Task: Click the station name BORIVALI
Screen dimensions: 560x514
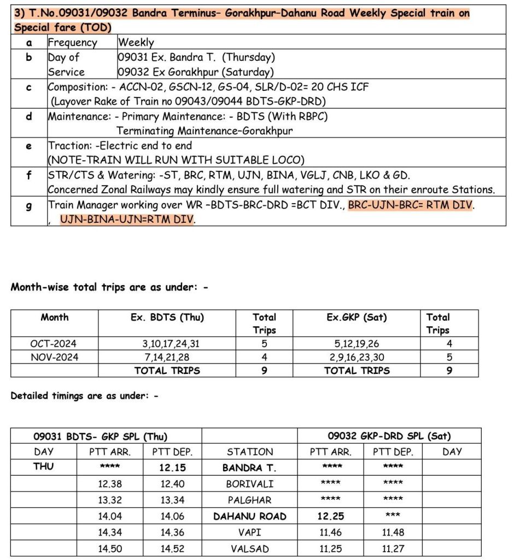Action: point(249,484)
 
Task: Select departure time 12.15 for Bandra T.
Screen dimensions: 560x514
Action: point(173,468)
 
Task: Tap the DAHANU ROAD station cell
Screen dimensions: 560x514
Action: point(249,516)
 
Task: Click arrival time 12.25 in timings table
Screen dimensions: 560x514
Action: point(331,516)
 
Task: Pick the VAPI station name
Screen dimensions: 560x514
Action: point(249,532)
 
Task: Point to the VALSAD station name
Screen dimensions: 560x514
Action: point(249,549)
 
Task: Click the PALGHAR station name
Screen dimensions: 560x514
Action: point(249,500)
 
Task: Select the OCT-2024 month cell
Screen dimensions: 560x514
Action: point(54,344)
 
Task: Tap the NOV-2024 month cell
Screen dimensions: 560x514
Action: point(54,357)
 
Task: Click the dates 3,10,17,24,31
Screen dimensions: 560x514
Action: point(167,344)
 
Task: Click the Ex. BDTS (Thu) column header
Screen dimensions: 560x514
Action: point(167,317)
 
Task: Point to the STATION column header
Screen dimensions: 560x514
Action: point(249,452)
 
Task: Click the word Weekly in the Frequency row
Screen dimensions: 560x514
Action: point(136,43)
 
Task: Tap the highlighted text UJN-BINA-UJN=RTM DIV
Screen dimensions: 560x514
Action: point(127,220)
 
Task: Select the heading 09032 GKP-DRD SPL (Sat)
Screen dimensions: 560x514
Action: point(389,436)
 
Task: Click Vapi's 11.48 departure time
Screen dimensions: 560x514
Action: point(393,532)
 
